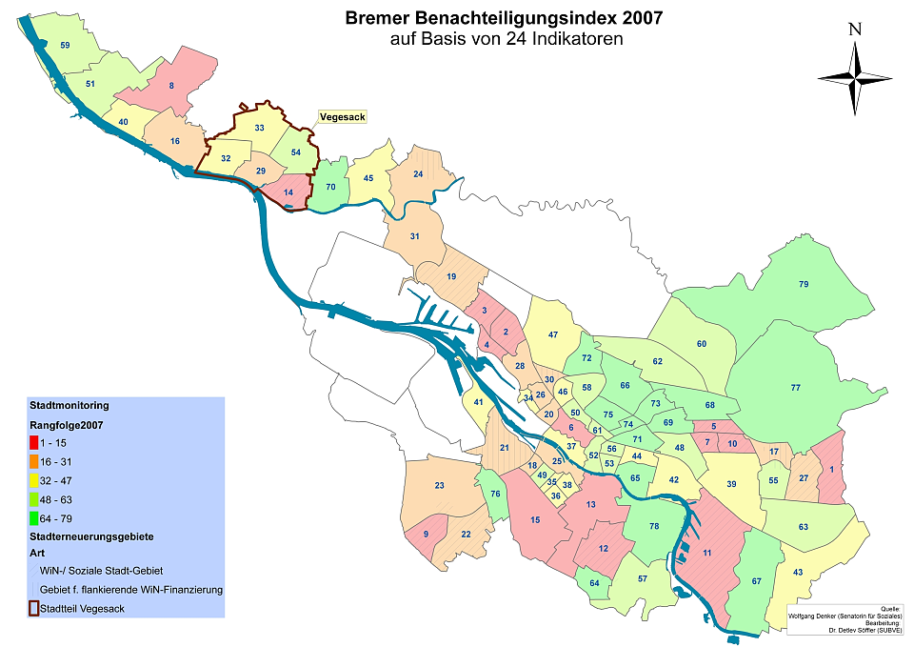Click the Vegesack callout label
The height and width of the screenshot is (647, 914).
pos(341,116)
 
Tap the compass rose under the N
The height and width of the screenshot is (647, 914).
pos(855,77)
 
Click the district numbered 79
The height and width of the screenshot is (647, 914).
pos(804,285)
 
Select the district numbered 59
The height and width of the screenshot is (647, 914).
pos(65,46)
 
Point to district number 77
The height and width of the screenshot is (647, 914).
pos(795,388)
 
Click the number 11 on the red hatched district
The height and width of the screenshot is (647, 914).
pos(706,552)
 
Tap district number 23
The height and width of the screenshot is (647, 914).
pos(439,486)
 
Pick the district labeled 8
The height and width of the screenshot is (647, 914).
pos(171,87)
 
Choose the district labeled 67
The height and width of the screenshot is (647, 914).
pos(757,580)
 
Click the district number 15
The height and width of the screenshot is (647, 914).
pos(535,519)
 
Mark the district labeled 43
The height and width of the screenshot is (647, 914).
pos(798,572)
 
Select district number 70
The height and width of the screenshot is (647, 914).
pos(330,188)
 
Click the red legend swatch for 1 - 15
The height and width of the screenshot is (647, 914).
pos(34,443)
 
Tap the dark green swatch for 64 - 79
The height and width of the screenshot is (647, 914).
pos(34,518)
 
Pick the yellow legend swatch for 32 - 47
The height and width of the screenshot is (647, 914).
pos(34,481)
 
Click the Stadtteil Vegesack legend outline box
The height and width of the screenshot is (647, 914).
pos(34,608)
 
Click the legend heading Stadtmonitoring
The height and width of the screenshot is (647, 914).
pos(69,405)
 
